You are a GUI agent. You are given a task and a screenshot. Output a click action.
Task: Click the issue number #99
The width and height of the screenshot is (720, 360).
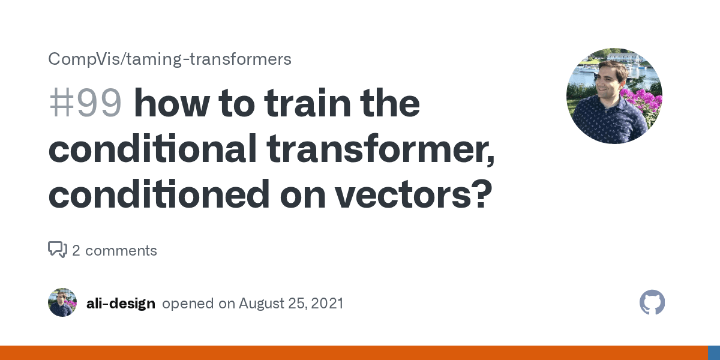pyautogui.click(x=85, y=104)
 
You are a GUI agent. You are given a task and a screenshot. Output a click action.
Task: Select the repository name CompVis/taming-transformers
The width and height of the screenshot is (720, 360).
pyautogui.click(x=170, y=59)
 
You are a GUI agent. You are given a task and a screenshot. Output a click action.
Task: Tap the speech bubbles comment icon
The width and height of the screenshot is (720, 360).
pyautogui.click(x=58, y=250)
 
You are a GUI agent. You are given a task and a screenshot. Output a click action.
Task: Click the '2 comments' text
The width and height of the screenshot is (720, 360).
pyautogui.click(x=115, y=251)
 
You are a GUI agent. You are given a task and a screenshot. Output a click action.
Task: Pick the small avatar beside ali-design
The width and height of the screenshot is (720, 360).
pyautogui.click(x=62, y=302)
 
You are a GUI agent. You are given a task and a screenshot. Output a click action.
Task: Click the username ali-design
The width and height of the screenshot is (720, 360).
pyautogui.click(x=121, y=304)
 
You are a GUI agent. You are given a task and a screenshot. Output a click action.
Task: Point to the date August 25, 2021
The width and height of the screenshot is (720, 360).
pyautogui.click(x=291, y=304)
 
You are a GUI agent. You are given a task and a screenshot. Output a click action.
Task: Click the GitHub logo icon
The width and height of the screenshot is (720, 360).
pyautogui.click(x=652, y=302)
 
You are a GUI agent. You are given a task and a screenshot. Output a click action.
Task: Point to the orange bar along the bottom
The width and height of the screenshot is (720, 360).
pyautogui.click(x=354, y=353)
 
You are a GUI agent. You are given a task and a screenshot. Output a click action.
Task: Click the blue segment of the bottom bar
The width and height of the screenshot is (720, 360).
pyautogui.click(x=714, y=353)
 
